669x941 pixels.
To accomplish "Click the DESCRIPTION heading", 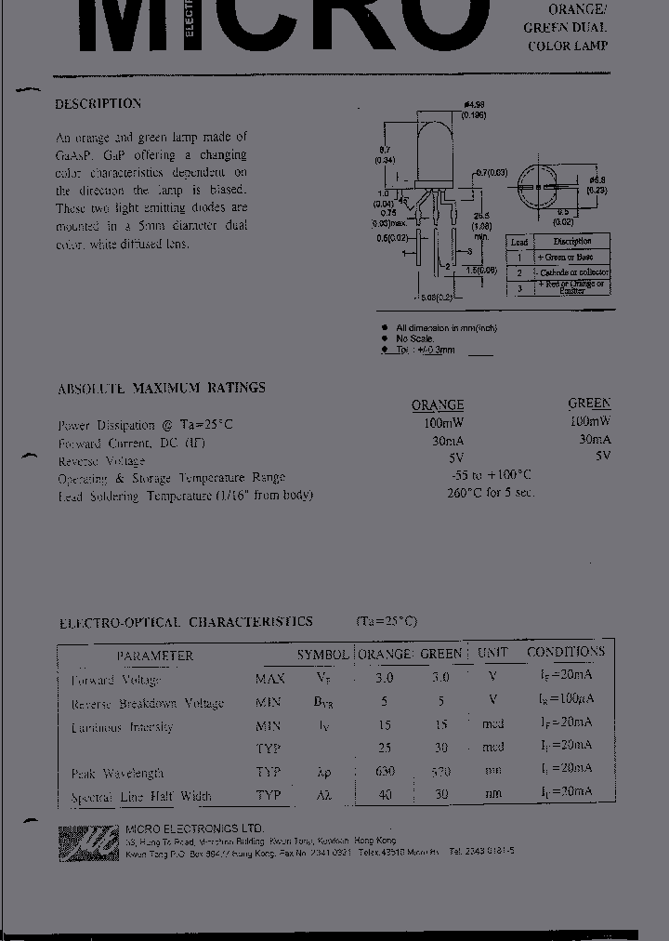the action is coord(98,104).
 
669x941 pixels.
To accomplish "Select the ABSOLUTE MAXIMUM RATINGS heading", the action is coord(162,388).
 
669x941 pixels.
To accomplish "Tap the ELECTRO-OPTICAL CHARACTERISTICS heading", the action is coord(186,622).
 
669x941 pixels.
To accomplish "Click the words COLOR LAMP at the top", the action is coord(567,46).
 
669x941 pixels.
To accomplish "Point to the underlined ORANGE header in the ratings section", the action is coord(438,405).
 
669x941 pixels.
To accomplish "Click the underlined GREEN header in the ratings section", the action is coord(589,404).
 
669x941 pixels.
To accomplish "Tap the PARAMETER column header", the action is coord(155,656).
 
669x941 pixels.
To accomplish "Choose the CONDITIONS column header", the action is coord(565,652).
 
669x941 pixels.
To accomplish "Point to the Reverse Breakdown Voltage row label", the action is coord(148,704).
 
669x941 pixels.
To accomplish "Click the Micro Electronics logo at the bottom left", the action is coord(88,842).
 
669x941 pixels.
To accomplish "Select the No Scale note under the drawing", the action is coord(415,338).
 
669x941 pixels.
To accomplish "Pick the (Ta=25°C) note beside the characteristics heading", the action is coord(387,621).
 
